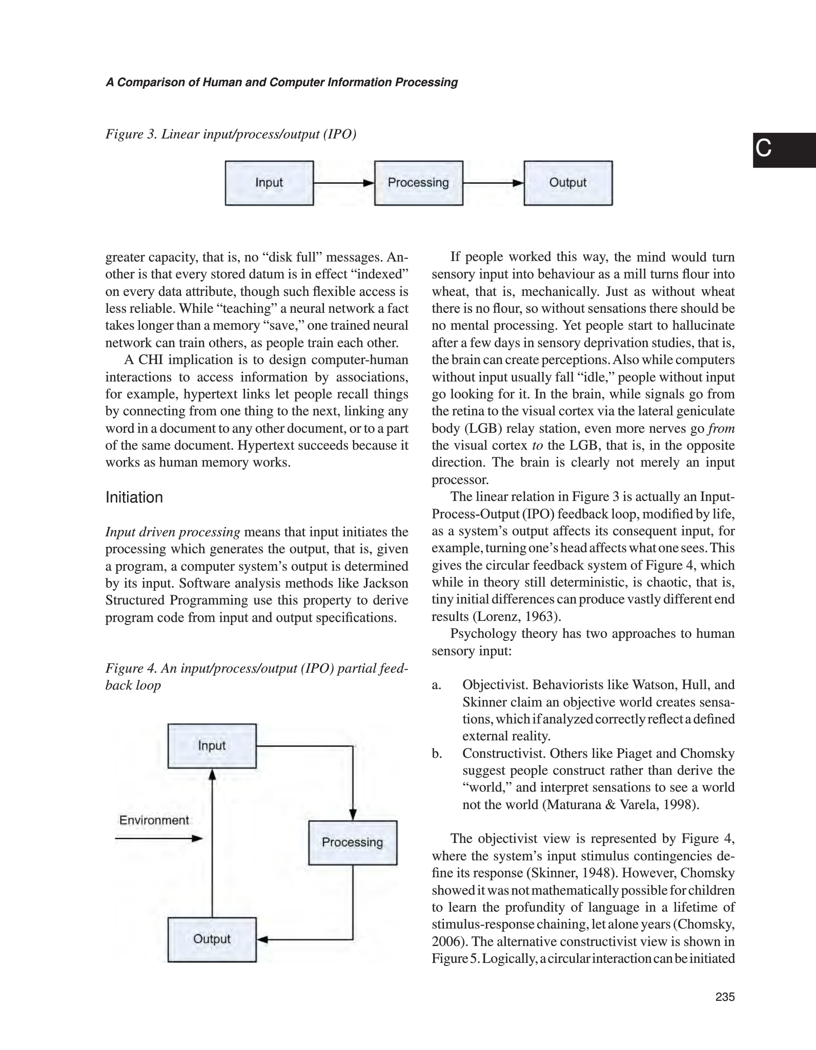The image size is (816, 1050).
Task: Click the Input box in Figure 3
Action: [x=269, y=183]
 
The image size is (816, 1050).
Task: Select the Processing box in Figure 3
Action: [x=418, y=183]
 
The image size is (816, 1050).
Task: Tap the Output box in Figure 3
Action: [x=567, y=183]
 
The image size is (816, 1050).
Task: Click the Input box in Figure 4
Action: [x=212, y=745]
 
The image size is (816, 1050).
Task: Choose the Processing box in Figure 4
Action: [x=353, y=842]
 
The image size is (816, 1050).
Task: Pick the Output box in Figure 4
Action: [x=212, y=939]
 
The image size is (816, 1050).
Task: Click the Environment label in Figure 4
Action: [x=154, y=820]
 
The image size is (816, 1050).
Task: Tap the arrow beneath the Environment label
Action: [x=159, y=839]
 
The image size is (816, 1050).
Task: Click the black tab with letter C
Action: [x=784, y=150]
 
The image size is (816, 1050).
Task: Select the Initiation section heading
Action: [x=134, y=497]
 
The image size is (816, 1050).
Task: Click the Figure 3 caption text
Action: [x=231, y=134]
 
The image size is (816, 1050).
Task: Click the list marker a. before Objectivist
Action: [x=437, y=685]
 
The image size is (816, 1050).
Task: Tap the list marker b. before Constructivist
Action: [x=437, y=754]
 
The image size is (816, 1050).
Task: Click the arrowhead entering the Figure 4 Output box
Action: [x=262, y=940]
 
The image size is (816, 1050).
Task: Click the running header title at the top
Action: [x=281, y=83]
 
